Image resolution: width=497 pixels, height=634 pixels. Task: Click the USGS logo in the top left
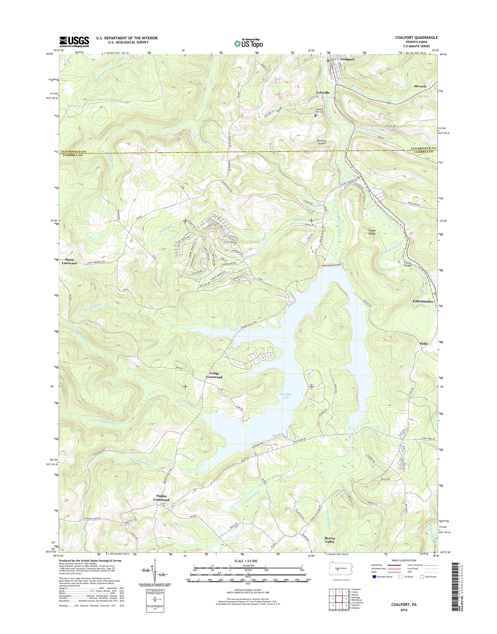point(74,42)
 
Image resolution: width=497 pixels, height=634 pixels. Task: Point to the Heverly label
point(420,87)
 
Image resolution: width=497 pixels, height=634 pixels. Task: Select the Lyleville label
point(323,92)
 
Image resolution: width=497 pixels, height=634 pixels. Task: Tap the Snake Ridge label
point(371,232)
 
